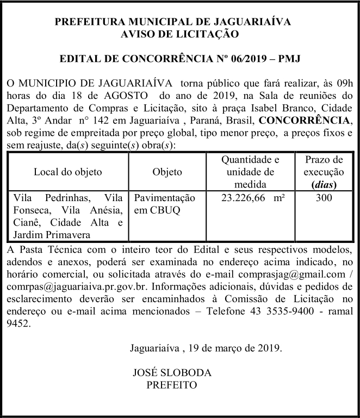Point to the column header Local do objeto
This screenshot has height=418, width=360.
coord(67,172)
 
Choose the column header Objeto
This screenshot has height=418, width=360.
coord(167,172)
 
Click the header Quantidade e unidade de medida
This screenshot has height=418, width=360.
coord(250,172)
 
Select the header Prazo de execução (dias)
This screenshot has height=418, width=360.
coord(324,172)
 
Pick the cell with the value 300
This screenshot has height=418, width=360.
coord(324,198)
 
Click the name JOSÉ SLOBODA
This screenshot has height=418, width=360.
coord(172,373)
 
